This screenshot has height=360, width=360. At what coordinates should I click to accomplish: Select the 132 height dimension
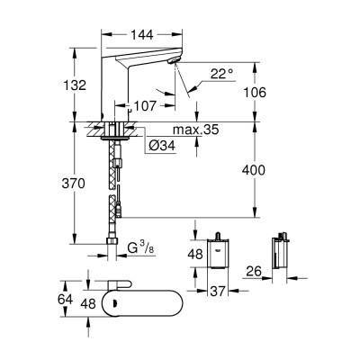76,85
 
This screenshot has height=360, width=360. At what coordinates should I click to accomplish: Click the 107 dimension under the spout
145,105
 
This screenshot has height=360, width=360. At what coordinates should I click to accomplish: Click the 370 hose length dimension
76,184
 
